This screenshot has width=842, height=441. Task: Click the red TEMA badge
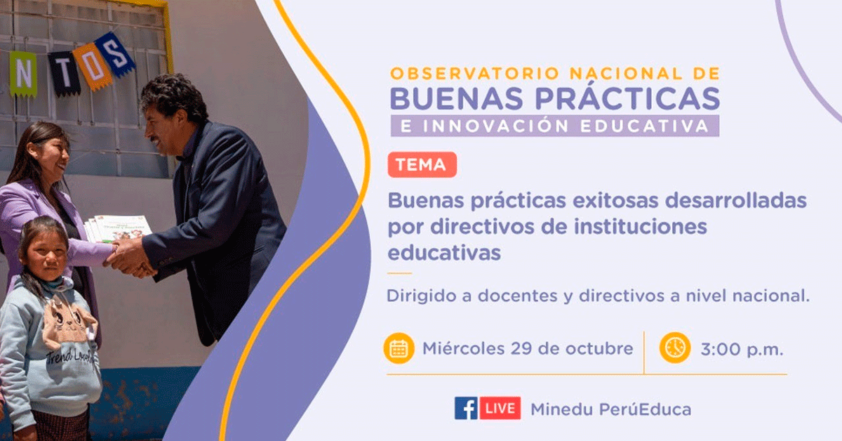pos(422,165)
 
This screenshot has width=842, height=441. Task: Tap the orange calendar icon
pos(399,348)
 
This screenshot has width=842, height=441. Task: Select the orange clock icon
pos(675,348)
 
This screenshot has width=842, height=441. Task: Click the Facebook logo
pos(466,408)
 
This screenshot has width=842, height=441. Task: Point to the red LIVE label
pos(500,408)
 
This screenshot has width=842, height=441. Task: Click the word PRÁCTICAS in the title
pos(627,98)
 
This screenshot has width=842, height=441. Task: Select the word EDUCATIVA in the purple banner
pos(644,126)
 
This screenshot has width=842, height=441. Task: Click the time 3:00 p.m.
pos(742,350)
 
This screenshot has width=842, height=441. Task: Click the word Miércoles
pos(463,348)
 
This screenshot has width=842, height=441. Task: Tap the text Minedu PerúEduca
pos(611,409)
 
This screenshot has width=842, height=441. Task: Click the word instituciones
pos(641,227)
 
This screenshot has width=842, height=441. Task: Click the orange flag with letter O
pos(93,66)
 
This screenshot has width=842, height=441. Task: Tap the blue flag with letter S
pos(114,54)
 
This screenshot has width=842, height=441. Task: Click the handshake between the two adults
pos(130,258)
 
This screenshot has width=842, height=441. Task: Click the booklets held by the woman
pos(118,228)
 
